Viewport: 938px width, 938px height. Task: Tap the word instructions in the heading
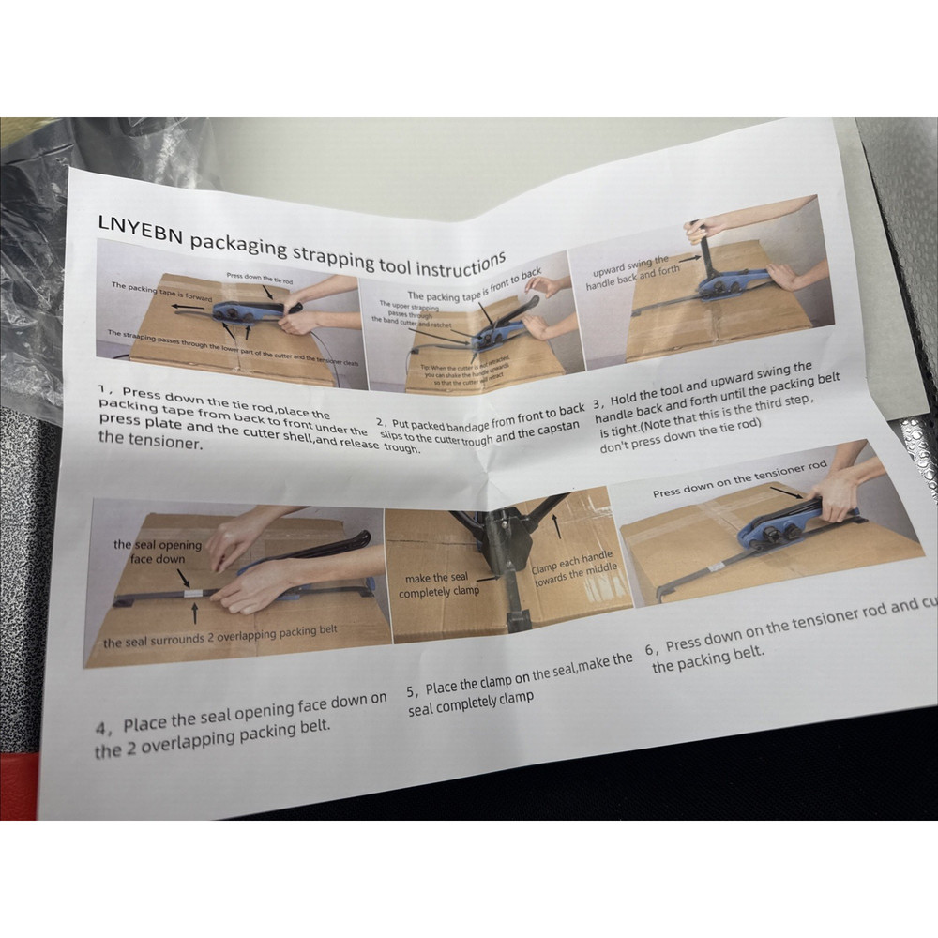pos(449,265)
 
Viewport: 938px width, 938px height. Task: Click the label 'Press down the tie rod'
pos(262,279)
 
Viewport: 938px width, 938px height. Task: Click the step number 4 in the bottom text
pos(103,728)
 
